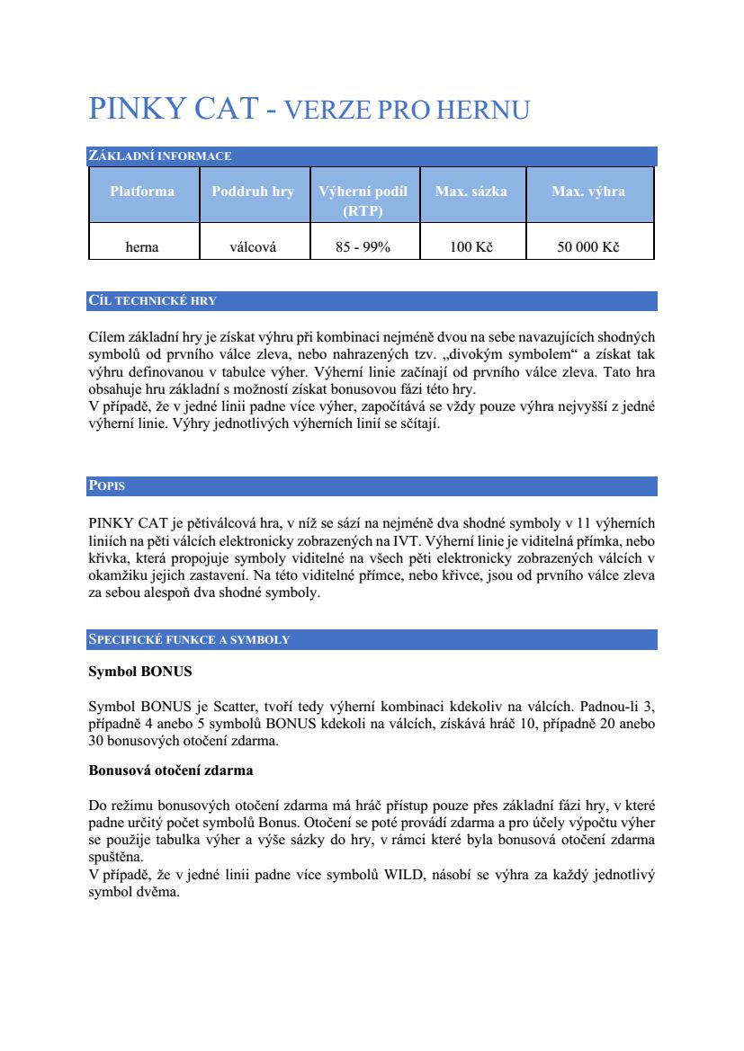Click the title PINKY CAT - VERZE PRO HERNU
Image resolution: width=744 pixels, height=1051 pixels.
point(309,110)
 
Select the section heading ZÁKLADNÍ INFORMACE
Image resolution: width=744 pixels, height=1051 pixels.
point(160,156)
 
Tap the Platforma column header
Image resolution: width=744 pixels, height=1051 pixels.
point(142,191)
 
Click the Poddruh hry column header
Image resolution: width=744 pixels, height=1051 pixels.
point(253,191)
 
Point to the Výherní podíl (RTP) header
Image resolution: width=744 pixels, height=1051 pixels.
point(363,200)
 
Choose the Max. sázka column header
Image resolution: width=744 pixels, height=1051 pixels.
point(471,191)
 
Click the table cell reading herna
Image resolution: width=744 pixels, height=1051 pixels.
point(142,247)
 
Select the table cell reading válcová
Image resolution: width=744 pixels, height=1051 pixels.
point(253,247)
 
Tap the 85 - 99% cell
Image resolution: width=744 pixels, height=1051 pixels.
point(363,247)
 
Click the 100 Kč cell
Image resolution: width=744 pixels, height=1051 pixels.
point(471,247)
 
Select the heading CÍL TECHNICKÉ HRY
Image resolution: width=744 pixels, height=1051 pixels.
point(152,301)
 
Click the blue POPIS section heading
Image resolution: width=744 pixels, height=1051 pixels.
point(106,486)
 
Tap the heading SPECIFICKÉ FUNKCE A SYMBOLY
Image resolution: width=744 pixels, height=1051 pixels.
point(189,640)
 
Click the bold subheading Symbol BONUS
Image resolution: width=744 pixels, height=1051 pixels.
point(139,672)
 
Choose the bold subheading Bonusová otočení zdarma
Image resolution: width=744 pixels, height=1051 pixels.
point(171,770)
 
